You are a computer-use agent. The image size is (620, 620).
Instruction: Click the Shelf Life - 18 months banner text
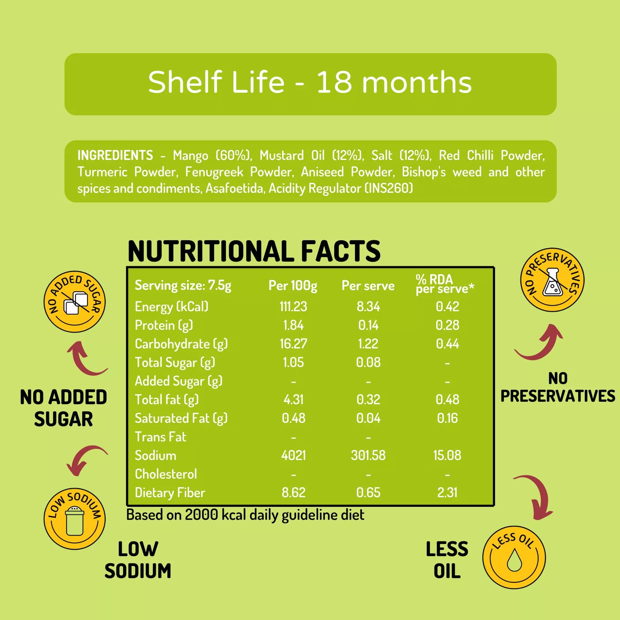click(x=310, y=82)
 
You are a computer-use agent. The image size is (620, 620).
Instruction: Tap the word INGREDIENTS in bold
click(x=115, y=155)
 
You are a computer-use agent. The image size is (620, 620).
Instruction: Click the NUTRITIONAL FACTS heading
click(x=254, y=251)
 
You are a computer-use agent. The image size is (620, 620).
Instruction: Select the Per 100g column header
click(x=293, y=286)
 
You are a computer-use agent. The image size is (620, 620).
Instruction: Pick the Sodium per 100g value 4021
click(x=293, y=455)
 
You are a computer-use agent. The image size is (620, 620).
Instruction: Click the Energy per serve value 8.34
click(x=368, y=306)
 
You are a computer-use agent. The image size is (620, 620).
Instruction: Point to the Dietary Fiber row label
click(x=170, y=493)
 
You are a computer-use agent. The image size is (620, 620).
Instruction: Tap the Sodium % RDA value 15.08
click(x=447, y=455)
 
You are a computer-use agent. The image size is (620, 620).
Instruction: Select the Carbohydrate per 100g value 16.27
click(x=293, y=344)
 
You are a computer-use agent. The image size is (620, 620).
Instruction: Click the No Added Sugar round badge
click(x=75, y=301)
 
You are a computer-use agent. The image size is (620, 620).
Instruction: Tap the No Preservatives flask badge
click(x=552, y=280)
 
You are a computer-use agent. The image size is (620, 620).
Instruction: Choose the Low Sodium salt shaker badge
click(x=75, y=518)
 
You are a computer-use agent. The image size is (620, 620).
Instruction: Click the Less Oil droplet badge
click(x=514, y=557)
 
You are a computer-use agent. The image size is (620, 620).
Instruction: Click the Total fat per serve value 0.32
click(x=368, y=399)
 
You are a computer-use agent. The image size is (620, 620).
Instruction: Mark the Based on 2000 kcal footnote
click(x=245, y=515)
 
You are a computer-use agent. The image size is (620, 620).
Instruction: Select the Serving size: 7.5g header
click(x=183, y=286)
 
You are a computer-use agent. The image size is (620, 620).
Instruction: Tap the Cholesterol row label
click(x=166, y=474)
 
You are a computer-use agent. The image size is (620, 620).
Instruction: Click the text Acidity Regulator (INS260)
click(x=341, y=188)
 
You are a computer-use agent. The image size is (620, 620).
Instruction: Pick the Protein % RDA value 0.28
click(x=447, y=325)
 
